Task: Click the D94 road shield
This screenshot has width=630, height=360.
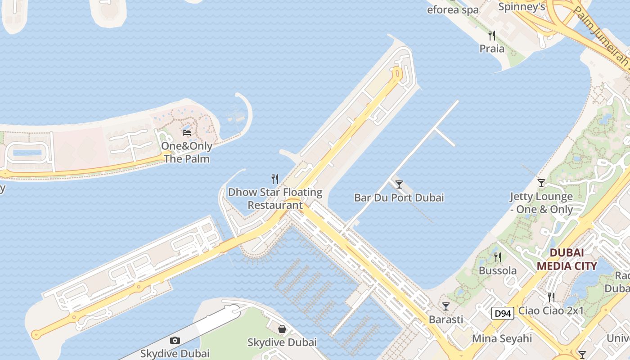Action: click(x=502, y=314)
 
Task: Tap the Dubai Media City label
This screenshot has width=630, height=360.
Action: click(x=567, y=259)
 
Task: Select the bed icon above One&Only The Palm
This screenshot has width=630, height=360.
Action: click(x=187, y=133)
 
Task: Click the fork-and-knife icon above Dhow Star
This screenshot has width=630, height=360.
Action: click(x=275, y=179)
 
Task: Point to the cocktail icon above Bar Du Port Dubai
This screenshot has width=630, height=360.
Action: click(x=399, y=184)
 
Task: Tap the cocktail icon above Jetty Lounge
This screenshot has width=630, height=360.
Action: click(x=541, y=183)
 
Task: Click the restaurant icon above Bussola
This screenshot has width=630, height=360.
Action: click(x=497, y=257)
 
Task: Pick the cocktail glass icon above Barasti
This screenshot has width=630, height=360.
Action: click(x=446, y=306)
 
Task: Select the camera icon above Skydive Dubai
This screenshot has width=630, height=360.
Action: click(x=175, y=341)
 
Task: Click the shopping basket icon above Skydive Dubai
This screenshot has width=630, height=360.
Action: click(x=282, y=329)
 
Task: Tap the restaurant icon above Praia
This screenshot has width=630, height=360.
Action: click(x=492, y=36)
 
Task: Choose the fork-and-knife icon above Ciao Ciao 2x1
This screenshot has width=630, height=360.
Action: click(x=551, y=297)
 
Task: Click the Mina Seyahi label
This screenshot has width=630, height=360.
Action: click(x=502, y=338)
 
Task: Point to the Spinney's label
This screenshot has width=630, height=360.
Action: click(x=522, y=7)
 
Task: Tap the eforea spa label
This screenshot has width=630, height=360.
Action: click(x=453, y=10)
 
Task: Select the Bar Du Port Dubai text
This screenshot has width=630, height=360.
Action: click(x=399, y=198)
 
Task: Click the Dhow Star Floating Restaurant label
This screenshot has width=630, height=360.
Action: click(x=275, y=198)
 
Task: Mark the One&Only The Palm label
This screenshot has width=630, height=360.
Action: click(x=187, y=153)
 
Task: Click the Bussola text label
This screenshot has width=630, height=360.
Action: click(x=498, y=271)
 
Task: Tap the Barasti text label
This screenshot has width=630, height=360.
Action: click(x=446, y=319)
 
